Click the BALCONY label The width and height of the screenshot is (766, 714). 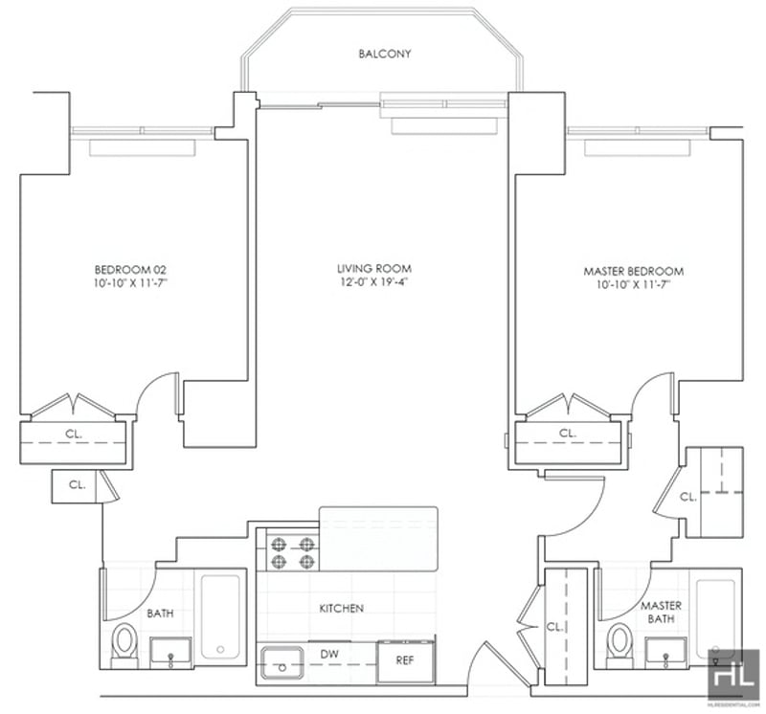click(x=385, y=54)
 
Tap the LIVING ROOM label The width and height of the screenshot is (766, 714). click(x=374, y=269)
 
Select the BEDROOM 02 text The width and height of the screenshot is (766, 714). click(x=130, y=270)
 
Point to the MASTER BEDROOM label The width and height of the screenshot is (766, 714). click(x=634, y=271)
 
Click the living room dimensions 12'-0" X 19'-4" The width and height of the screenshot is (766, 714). click(x=374, y=282)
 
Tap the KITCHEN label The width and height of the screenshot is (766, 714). click(x=342, y=609)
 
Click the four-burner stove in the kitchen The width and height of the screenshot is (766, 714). click(x=292, y=553)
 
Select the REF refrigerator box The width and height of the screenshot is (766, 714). click(x=405, y=661)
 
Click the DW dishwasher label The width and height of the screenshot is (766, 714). click(x=329, y=654)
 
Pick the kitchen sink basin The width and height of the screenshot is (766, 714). click(x=282, y=662)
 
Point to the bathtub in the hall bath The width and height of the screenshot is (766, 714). click(x=220, y=616)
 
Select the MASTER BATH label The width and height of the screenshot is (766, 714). click(x=661, y=613)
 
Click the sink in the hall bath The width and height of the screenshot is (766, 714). click(x=170, y=653)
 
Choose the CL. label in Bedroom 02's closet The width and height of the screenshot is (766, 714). click(x=74, y=434)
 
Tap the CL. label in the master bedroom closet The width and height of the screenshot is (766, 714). click(x=568, y=434)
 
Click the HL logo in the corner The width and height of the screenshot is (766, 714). click(x=733, y=676)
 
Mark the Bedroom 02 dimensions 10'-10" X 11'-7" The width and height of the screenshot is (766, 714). click(x=130, y=283)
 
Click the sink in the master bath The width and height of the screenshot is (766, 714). click(x=665, y=653)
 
